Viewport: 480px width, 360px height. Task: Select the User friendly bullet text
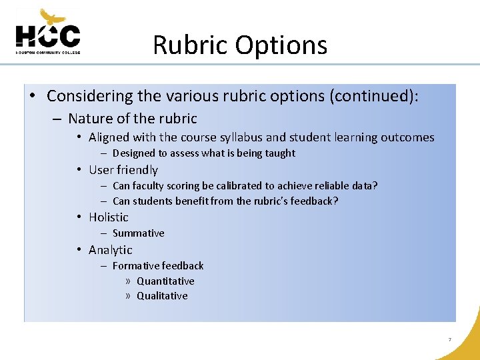tap(123, 170)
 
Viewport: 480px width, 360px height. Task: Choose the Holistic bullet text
tap(109, 217)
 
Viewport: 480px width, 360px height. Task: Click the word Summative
tap(138, 233)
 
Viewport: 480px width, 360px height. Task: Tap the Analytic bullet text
tap(111, 250)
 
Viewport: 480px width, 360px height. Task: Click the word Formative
tap(135, 265)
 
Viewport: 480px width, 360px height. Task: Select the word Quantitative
tap(165, 281)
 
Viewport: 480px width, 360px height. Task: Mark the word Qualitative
tap(162, 296)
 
